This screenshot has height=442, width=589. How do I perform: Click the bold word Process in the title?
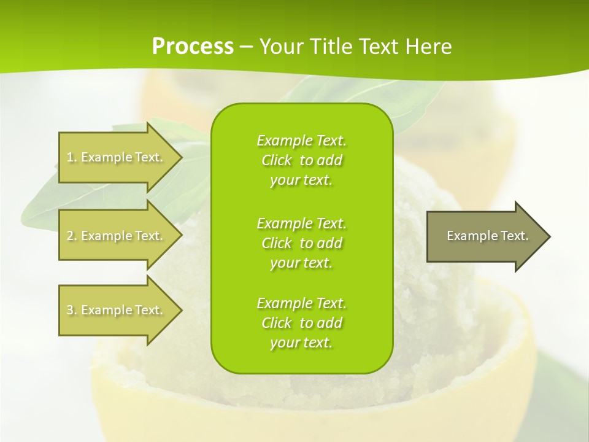pyautogui.click(x=193, y=47)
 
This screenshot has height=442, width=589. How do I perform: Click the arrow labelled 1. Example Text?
pyautogui.click(x=115, y=157)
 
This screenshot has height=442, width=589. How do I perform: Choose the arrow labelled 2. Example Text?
pyautogui.click(x=115, y=236)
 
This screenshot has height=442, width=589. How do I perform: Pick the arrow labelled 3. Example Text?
pyautogui.click(x=115, y=310)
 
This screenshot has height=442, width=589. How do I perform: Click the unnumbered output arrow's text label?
pyautogui.click(x=487, y=236)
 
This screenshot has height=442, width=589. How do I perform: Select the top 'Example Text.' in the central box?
pyautogui.click(x=301, y=141)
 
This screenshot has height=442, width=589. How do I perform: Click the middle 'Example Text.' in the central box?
pyautogui.click(x=301, y=223)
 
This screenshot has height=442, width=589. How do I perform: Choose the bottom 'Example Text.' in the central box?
pyautogui.click(x=301, y=303)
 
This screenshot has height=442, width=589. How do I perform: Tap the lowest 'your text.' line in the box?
pyautogui.click(x=301, y=343)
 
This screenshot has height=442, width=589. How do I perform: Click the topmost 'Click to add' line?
pyautogui.click(x=301, y=160)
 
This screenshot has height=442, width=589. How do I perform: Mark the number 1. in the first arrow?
pyautogui.click(x=72, y=157)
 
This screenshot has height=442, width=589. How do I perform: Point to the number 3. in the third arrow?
pyautogui.click(x=72, y=310)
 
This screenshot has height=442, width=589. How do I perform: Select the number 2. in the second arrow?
pyautogui.click(x=72, y=236)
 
